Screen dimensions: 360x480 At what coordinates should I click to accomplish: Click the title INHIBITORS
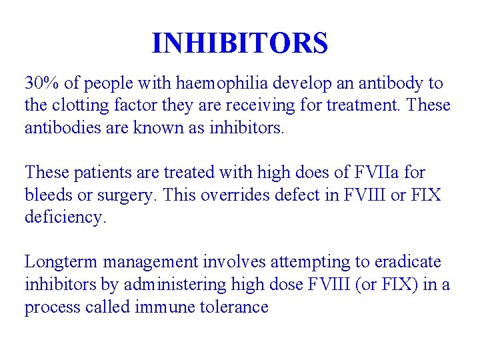click(240, 43)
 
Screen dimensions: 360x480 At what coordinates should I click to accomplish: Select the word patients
click(98, 173)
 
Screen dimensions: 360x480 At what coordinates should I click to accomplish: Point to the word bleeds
click(48, 195)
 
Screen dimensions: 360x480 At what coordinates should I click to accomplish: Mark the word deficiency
click(65, 217)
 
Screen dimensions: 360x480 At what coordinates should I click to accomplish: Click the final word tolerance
click(238, 307)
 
